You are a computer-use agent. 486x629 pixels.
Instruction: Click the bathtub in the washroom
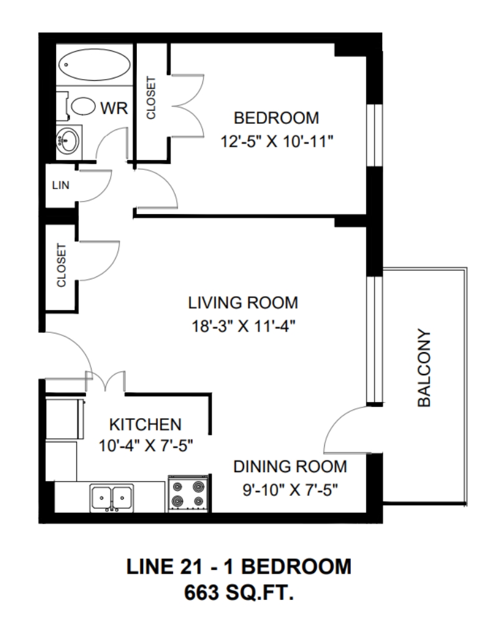95,65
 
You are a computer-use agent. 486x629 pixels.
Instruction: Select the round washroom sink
67,141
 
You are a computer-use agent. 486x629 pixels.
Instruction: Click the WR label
114,108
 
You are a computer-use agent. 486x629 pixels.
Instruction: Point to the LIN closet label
60,185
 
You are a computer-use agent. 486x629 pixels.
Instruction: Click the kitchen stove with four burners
188,494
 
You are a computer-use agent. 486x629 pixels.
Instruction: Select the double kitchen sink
111,498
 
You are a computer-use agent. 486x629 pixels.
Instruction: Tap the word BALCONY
424,368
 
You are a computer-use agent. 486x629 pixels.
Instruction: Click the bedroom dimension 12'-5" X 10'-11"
277,141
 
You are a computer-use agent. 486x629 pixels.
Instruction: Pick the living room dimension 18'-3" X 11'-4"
243,326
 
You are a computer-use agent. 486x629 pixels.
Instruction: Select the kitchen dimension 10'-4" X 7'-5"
146,445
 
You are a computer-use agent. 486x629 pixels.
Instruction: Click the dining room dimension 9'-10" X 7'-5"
290,490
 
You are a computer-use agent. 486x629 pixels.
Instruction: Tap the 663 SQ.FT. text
239,592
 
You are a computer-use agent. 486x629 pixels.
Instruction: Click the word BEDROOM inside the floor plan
276,118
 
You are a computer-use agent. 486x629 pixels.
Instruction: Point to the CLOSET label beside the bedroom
151,98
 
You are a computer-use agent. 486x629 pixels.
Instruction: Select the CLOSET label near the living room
61,266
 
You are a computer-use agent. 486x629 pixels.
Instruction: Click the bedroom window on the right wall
375,136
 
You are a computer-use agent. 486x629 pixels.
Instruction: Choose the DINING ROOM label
290,467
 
